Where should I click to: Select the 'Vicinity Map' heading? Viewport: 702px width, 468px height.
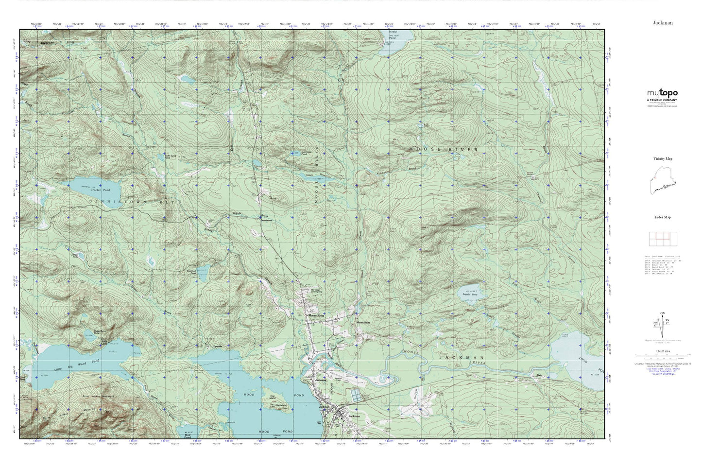(662, 158)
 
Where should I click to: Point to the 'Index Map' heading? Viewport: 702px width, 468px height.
(662, 217)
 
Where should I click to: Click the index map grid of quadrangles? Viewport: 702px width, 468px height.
(662, 239)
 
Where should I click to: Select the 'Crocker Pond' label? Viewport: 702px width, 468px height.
(100, 190)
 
